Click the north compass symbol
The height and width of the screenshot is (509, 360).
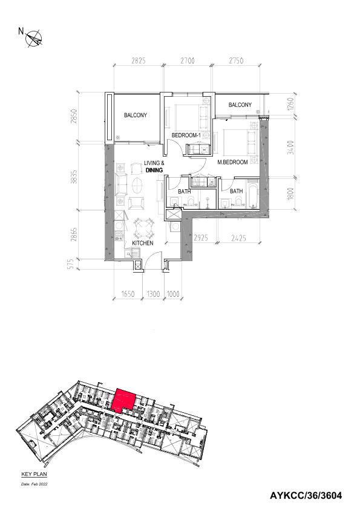(34, 38)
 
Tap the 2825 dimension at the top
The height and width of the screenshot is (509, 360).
(139, 60)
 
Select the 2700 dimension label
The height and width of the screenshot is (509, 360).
(188, 60)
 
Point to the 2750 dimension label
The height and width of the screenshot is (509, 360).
(236, 60)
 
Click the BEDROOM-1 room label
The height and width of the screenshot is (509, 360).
(186, 135)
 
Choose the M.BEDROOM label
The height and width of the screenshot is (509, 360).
(232, 162)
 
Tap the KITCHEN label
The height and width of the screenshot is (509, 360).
(143, 243)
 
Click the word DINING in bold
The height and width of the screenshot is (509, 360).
(154, 170)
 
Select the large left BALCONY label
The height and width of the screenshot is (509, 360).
(136, 115)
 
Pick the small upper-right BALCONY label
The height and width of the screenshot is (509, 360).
(240, 105)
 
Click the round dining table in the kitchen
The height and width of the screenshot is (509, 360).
(144, 228)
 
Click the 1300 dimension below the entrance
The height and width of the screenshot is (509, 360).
(154, 294)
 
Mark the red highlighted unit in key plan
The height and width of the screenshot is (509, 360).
(123, 400)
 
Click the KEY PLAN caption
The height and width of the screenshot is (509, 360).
(34, 475)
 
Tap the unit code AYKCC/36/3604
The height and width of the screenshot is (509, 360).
(306, 496)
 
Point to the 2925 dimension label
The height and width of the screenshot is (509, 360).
(200, 238)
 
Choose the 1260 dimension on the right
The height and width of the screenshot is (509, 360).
(291, 104)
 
